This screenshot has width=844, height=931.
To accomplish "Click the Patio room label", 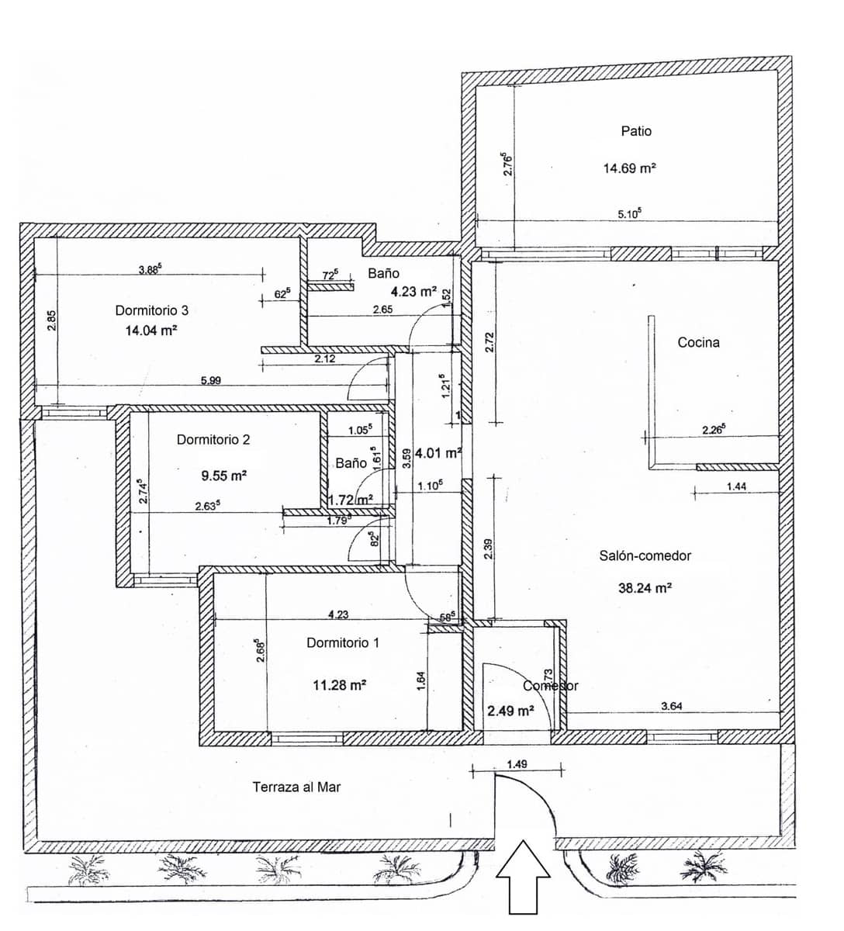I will coord(636,131).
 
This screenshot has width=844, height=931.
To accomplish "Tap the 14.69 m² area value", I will coord(630,168).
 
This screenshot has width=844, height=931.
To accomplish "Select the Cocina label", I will coord(698,342).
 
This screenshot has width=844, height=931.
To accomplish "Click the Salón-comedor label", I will coord(645,555).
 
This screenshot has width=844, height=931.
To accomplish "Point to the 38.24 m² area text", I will coord(645,588).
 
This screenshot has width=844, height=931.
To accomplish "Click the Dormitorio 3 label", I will coord(152,310).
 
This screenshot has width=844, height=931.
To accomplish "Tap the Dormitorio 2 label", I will coord(213,440).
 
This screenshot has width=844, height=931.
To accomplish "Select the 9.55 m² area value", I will coord(223,476).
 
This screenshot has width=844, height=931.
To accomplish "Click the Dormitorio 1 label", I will coord(343,643).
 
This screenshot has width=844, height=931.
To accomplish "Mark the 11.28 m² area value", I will coord(340,685).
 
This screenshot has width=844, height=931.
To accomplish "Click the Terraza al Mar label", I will coord(296,787).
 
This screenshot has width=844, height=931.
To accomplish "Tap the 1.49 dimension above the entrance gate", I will coord(517,764).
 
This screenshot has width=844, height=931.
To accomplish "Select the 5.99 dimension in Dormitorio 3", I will coord(211,380).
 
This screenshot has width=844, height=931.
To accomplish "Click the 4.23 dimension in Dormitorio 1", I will coord(338,614).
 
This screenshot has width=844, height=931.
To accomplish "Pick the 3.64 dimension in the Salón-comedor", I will coord(671,706).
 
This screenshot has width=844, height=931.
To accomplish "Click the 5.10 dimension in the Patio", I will coord(629,214).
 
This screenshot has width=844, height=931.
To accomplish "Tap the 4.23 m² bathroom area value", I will coord(413,292).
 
